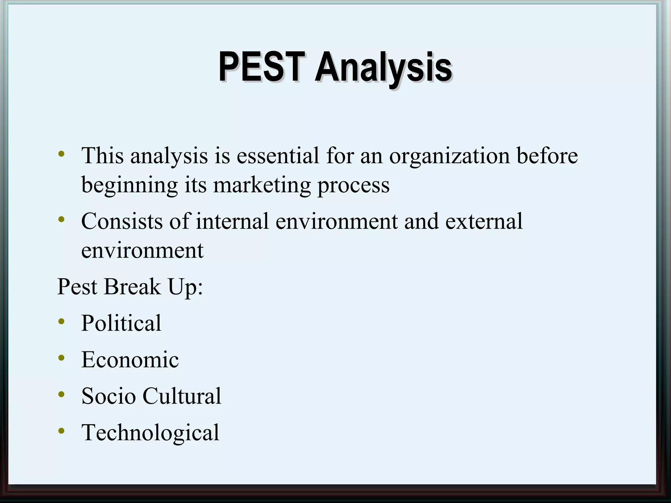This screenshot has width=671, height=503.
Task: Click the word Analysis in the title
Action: (x=384, y=68)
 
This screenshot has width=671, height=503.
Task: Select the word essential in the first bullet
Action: (x=278, y=156)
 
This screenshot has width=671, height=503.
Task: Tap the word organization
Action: (x=450, y=156)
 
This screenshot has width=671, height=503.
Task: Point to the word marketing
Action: (x=261, y=185)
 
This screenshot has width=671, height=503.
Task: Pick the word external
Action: (x=484, y=221)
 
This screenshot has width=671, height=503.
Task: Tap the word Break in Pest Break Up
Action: (x=132, y=287)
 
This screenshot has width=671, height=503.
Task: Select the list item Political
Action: (x=121, y=323)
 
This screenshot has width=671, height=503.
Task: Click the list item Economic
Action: (x=130, y=360)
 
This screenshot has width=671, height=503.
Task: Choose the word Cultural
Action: (x=182, y=396)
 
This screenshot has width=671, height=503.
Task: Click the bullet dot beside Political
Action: (x=61, y=322)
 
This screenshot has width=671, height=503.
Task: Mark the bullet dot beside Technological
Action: (x=61, y=431)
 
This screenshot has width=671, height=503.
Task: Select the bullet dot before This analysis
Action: (x=61, y=154)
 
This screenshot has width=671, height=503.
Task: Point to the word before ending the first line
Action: (x=547, y=156)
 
